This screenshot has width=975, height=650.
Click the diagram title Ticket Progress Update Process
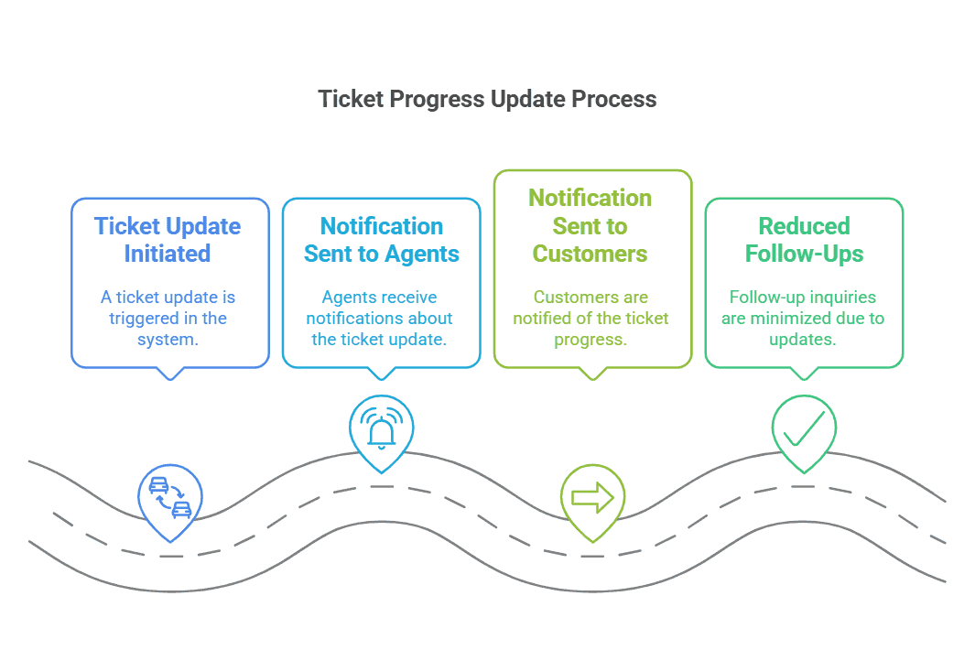487,99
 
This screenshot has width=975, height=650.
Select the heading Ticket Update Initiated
168,240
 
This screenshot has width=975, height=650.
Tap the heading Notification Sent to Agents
381,240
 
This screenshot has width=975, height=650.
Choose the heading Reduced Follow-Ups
804,240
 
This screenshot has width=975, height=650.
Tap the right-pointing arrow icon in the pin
591,498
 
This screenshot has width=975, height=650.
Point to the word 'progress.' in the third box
590,340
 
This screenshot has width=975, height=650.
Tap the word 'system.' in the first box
169,340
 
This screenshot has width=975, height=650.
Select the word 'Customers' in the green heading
590,254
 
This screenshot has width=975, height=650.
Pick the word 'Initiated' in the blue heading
168,254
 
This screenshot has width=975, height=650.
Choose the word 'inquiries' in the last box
843,298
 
